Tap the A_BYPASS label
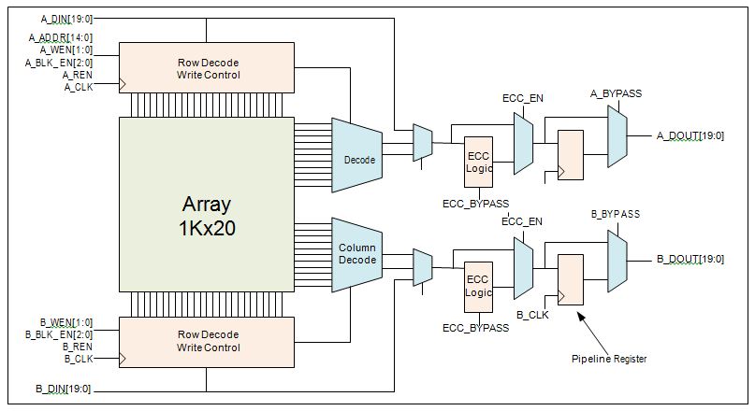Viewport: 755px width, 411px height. (616, 93)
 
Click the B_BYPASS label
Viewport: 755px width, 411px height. (616, 214)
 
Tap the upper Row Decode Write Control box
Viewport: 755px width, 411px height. (208, 68)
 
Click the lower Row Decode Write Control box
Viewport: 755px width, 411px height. (208, 341)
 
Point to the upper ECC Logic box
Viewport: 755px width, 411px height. (478, 161)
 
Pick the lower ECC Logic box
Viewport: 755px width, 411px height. (478, 286)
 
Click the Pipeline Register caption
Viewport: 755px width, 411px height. (609, 359)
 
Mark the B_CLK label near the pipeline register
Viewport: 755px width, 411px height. (532, 315)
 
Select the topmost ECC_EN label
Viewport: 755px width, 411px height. (522, 96)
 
